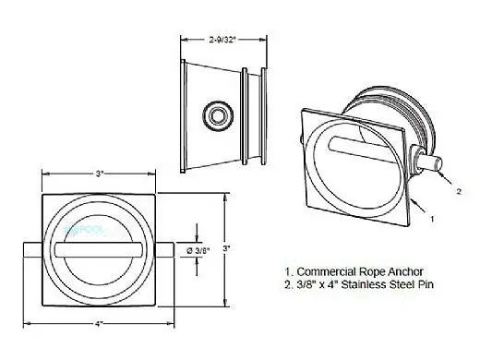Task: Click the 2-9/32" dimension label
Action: (222, 40)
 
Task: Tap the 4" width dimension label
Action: (98, 324)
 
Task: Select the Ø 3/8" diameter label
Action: (198, 250)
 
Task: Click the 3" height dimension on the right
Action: (226, 248)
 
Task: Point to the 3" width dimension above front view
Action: (99, 174)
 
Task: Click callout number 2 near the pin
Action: (459, 191)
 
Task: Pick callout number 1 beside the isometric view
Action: (432, 219)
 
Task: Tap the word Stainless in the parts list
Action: (363, 284)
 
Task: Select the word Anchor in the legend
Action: (405, 271)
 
